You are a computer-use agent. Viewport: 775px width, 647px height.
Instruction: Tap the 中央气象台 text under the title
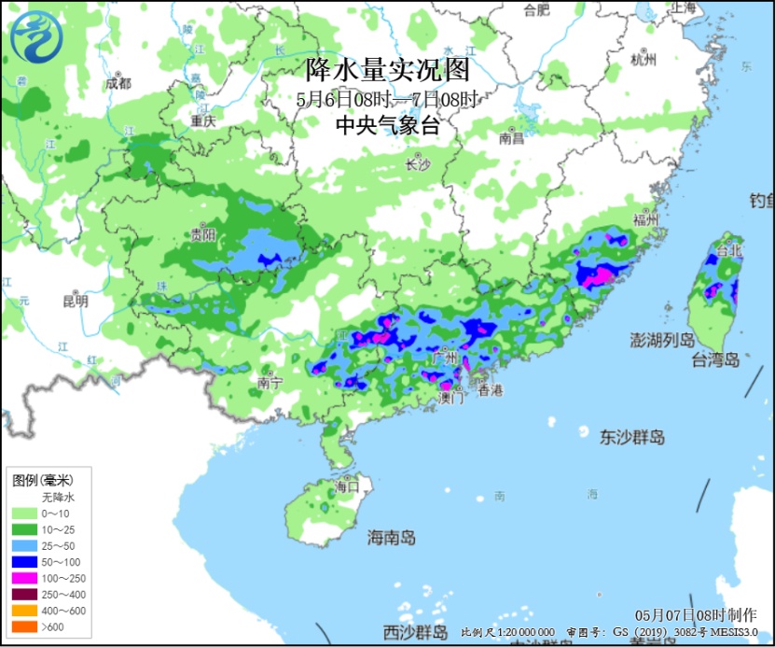tap(387, 125)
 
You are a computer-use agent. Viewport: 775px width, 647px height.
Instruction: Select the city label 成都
tap(118, 83)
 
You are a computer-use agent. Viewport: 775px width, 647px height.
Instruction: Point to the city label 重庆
tap(202, 121)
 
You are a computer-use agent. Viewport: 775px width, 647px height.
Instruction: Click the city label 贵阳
tap(203, 234)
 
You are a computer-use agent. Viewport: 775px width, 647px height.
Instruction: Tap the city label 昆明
tap(75, 302)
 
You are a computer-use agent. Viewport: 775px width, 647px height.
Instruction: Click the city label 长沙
tap(417, 165)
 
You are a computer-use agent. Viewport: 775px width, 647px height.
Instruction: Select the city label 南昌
tap(512, 138)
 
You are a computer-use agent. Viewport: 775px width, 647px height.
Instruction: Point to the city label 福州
tap(645, 220)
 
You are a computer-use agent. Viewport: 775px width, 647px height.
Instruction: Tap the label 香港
tap(490, 391)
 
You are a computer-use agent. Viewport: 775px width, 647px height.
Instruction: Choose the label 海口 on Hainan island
tap(347, 486)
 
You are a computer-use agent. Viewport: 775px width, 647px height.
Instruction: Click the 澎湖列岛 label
tap(662, 339)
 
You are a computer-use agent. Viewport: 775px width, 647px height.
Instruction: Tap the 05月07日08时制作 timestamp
tap(696, 615)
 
